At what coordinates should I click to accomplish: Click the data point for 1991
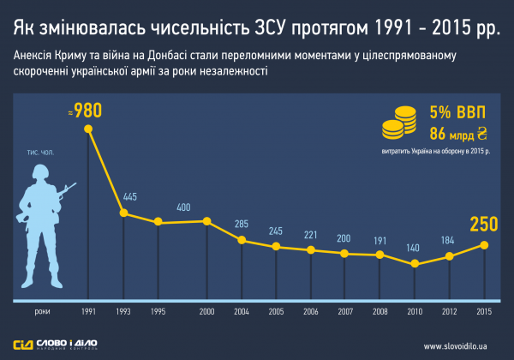point(88,129)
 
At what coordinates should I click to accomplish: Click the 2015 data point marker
point(485,244)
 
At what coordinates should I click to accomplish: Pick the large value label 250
point(484,224)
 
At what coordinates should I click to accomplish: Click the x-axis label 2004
point(242,312)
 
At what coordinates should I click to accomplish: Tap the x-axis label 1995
point(158,312)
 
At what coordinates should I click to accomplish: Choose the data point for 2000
point(207,221)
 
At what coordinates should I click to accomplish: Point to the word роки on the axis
point(40,312)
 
